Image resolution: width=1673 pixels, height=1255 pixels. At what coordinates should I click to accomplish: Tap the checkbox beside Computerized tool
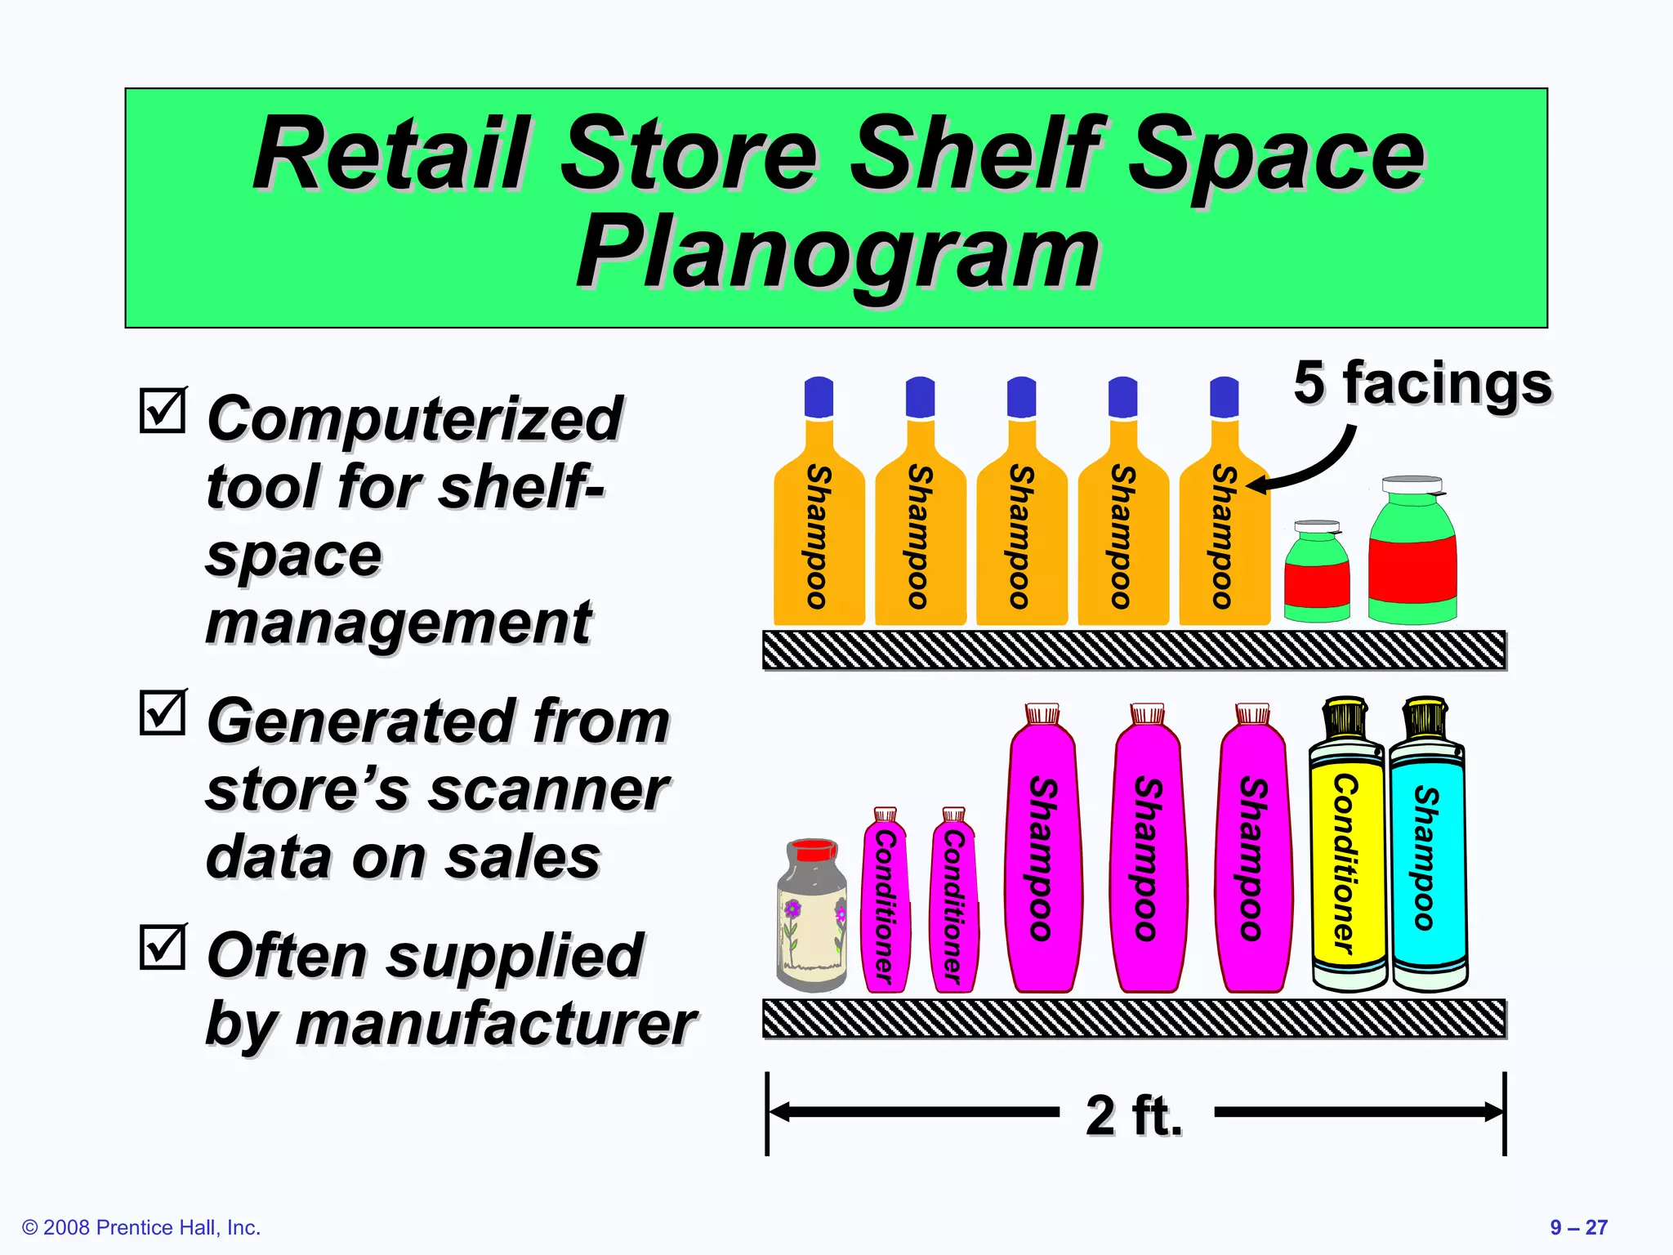(163, 411)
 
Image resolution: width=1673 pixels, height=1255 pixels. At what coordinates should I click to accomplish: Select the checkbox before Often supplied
(163, 947)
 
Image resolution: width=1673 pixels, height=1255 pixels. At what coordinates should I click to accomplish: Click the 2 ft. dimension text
(1134, 1114)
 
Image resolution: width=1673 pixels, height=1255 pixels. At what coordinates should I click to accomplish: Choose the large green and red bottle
(1412, 556)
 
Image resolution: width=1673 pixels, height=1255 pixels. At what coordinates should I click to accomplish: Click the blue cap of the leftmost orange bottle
(819, 397)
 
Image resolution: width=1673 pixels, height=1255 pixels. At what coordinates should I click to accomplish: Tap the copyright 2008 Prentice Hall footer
(141, 1227)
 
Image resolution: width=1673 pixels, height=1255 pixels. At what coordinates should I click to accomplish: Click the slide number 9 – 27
(1578, 1227)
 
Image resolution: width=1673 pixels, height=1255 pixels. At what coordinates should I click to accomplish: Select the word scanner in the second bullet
(548, 790)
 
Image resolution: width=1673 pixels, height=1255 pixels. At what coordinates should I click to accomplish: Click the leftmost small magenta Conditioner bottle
(885, 903)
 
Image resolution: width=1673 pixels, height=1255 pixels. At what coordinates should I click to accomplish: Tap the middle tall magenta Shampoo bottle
(1148, 854)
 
